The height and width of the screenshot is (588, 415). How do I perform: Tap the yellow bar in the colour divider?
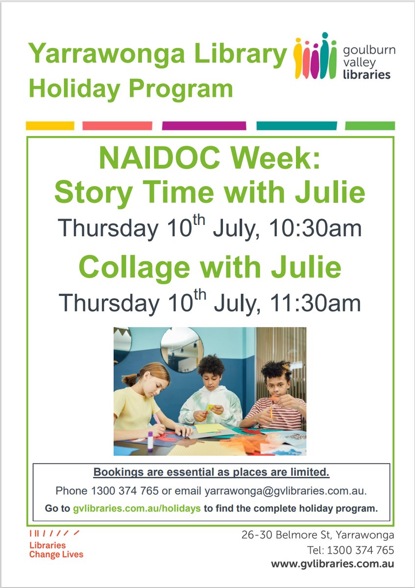tap(50, 126)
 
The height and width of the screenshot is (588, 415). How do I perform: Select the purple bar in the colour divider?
tap(204, 126)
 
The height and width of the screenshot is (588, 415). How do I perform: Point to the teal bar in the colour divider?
tap(296, 126)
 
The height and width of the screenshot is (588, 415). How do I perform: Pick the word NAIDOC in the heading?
tap(159, 158)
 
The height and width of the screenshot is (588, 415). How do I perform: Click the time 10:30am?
tap(315, 228)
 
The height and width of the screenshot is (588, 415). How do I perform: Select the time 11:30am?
tap(315, 303)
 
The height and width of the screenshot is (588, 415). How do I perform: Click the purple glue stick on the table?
tap(150, 441)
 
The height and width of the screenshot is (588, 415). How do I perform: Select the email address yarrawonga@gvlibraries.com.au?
tap(286, 491)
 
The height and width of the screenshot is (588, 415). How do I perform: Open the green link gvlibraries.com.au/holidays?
tap(137, 509)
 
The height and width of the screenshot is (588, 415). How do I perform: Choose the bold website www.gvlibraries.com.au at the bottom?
tap(333, 564)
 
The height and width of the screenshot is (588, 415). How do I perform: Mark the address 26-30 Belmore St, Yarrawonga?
tap(318, 535)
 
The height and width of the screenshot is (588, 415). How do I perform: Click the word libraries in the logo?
tap(366, 75)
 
